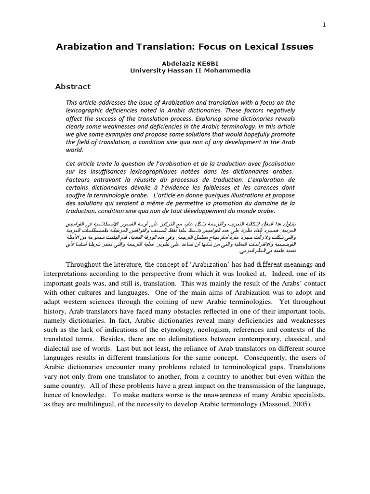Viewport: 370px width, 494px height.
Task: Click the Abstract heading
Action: (x=73, y=87)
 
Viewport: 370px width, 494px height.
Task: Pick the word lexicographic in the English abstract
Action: (x=86, y=110)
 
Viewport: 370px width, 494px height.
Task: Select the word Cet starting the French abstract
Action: (x=71, y=164)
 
